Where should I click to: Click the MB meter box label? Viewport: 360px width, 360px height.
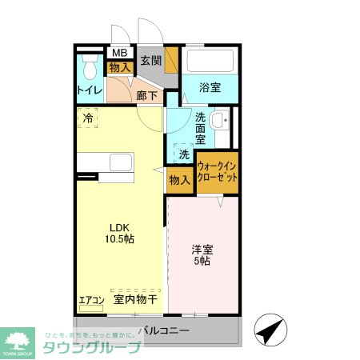tap(119, 54)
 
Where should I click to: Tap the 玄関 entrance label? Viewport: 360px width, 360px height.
tap(151, 60)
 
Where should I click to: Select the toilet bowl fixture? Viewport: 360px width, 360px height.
tap(87, 66)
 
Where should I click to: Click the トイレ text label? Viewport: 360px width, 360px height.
tap(89, 90)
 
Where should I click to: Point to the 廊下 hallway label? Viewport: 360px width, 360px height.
tap(146, 95)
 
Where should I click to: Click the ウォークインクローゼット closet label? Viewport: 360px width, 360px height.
tap(217, 171)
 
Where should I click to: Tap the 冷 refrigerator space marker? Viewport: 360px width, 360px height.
tap(86, 118)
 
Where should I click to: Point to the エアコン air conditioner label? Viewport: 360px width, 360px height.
tap(91, 301)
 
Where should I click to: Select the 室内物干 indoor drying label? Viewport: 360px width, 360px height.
tap(134, 300)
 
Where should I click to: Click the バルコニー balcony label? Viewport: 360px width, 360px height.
tap(163, 330)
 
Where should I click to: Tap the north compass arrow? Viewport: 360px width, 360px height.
tap(269, 329)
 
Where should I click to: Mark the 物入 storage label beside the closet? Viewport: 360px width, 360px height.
tap(179, 180)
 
